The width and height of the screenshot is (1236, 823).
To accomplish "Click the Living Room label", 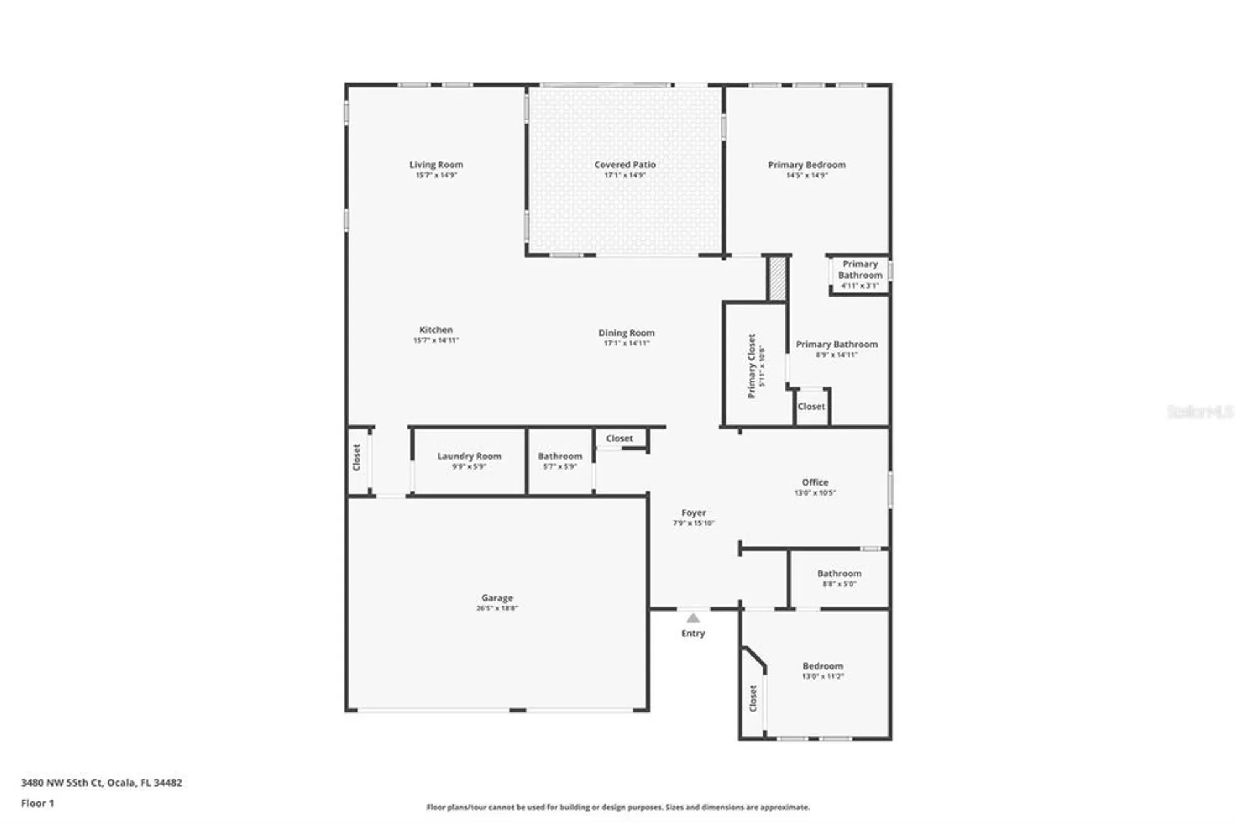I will coord(436,164).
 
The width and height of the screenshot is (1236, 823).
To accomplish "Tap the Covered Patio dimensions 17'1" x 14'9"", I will coord(625,175).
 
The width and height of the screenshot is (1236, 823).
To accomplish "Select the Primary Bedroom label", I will coord(806,164).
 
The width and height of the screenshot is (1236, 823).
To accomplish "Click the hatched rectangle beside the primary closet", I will coord(776,279).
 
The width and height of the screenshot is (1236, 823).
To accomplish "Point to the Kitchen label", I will coord(436,330).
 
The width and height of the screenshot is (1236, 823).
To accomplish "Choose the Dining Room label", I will coord(626,332).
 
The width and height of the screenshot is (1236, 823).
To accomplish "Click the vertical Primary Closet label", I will coord(751,366).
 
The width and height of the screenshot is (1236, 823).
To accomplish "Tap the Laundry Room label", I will coord(469,456).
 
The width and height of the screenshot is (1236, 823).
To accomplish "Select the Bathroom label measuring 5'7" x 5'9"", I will coord(559,456).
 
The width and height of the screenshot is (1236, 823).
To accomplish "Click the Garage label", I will coord(497,597).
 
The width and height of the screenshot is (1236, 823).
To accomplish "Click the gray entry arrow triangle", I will coord(693,618).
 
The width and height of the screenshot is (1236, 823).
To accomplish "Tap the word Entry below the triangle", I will coord(693,633).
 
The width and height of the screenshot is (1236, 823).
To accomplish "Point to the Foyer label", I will coord(693,513).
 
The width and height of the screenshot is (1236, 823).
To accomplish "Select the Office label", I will coord(815,482).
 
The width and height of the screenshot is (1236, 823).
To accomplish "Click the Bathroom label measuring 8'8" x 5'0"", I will coord(839,573).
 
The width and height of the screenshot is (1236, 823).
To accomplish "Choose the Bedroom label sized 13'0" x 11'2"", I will coord(823,666).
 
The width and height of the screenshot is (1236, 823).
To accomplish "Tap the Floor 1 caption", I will coord(38,803).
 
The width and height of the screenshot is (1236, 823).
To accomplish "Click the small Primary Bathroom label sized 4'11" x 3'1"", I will coord(860,269).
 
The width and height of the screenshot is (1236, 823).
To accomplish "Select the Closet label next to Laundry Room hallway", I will coord(357,458).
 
